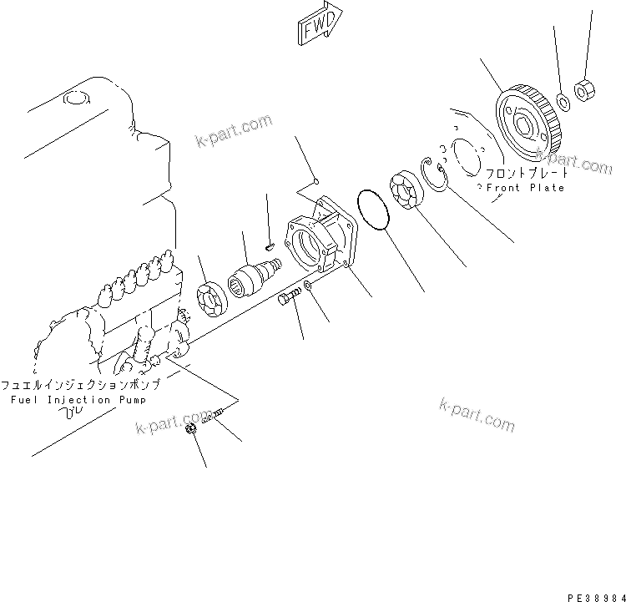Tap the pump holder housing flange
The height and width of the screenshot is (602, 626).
coord(321,242)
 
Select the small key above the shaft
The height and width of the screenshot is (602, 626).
coord(269,245)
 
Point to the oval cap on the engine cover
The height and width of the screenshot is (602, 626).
coord(76,100)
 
